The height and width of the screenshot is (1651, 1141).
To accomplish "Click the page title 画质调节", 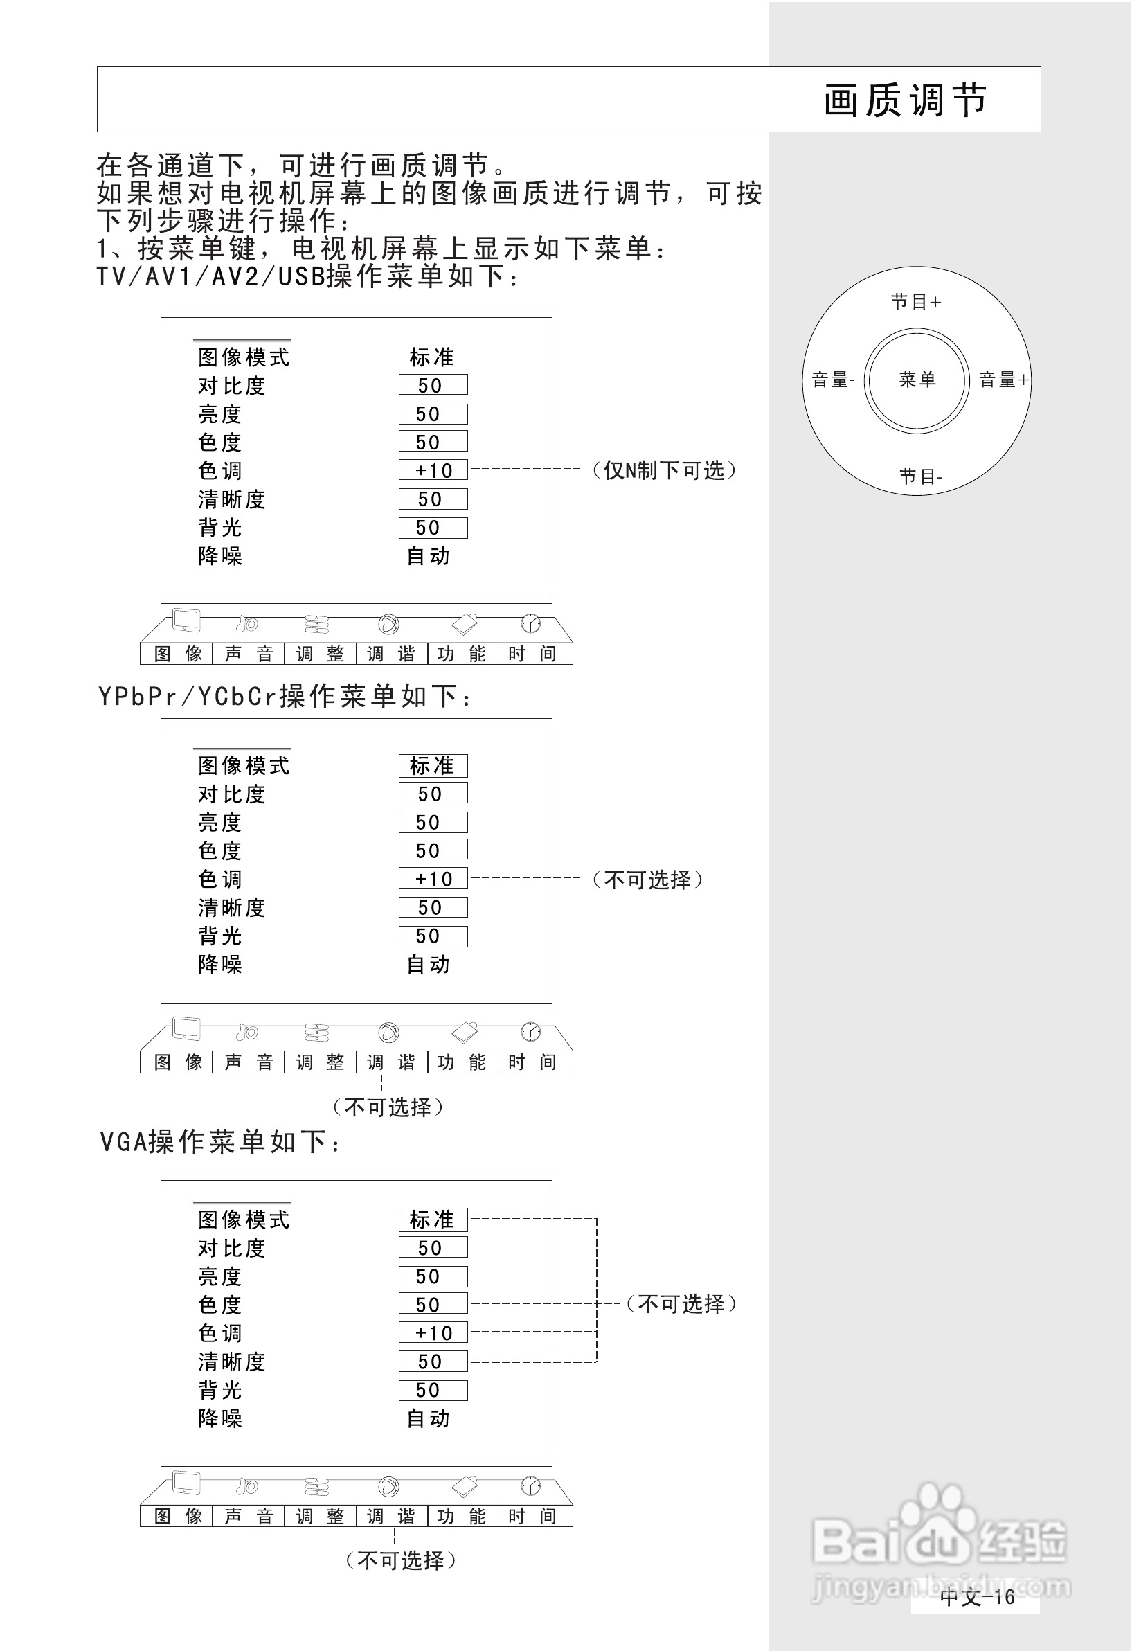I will tap(905, 100).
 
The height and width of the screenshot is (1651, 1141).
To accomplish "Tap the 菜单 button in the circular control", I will tap(917, 380).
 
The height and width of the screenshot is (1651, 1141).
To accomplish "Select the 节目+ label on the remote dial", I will tap(916, 302).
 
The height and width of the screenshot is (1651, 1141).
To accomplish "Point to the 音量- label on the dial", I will tap(833, 380).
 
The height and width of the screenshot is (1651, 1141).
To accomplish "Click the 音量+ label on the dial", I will tap(1004, 380).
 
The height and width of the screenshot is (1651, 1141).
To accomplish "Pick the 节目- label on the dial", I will tap(920, 476).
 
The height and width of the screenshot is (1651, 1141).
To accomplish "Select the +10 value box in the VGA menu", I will tap(433, 1333).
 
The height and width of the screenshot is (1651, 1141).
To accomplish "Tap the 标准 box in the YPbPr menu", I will tap(433, 766).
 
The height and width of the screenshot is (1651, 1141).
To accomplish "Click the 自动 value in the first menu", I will tap(429, 556).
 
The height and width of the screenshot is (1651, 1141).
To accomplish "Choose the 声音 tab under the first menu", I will tap(248, 654).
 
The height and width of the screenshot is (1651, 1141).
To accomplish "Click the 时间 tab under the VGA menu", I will tap(532, 1516).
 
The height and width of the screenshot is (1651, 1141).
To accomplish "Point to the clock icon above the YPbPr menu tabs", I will tap(530, 1032).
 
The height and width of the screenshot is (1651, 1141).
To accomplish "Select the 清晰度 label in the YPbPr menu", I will tap(232, 908).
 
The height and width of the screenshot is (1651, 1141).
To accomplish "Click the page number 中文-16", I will tap(977, 1598).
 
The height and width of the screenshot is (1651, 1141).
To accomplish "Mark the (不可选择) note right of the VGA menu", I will tap(681, 1304).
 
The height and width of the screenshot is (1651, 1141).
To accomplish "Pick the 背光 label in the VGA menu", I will tap(220, 1390).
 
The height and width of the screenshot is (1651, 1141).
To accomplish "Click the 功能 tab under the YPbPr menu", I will tap(462, 1062).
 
